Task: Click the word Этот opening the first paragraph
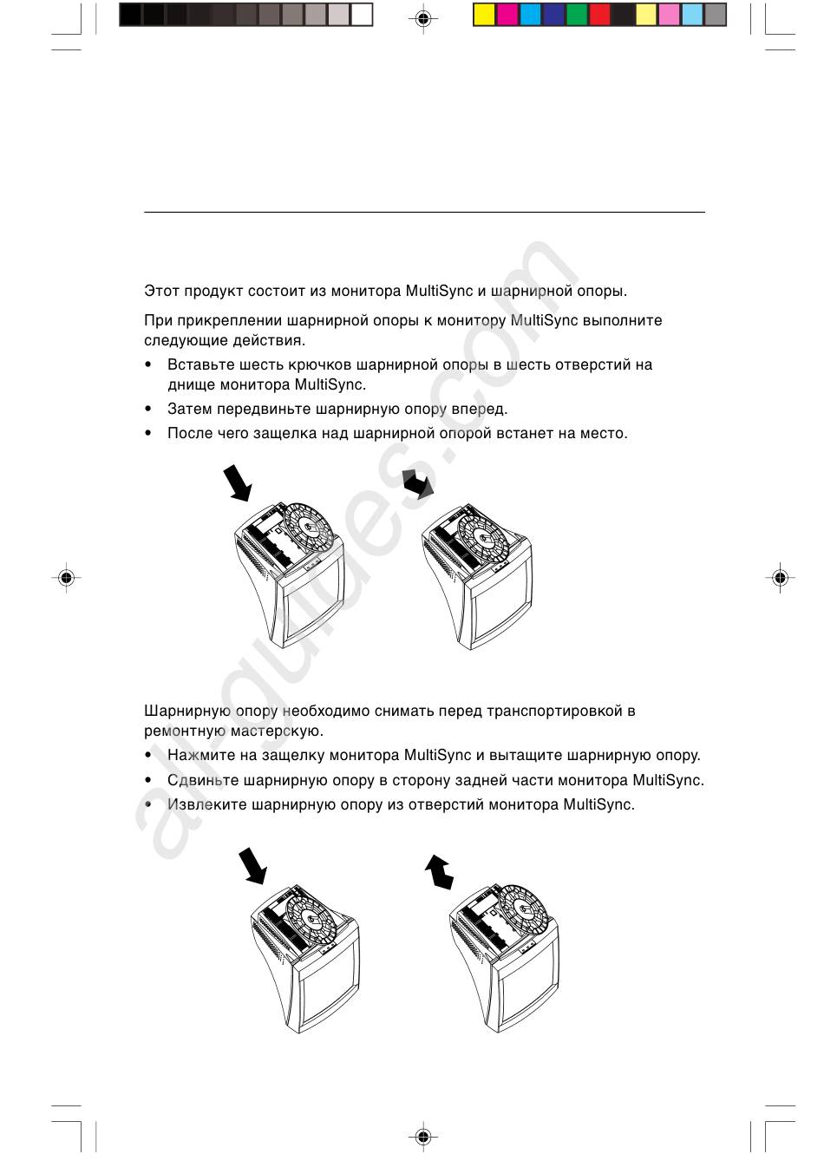pyautogui.click(x=161, y=292)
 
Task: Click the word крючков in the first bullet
pyautogui.click(x=323, y=365)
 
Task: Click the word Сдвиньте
pyautogui.click(x=203, y=781)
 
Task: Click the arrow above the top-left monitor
pyautogui.click(x=238, y=483)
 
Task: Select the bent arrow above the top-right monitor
pyautogui.click(x=418, y=483)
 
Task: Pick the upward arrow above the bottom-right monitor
pyautogui.click(x=439, y=871)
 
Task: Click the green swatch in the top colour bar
pyautogui.click(x=577, y=15)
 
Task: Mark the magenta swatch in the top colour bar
pyautogui.click(x=507, y=15)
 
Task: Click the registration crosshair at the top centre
pyautogui.click(x=422, y=18)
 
